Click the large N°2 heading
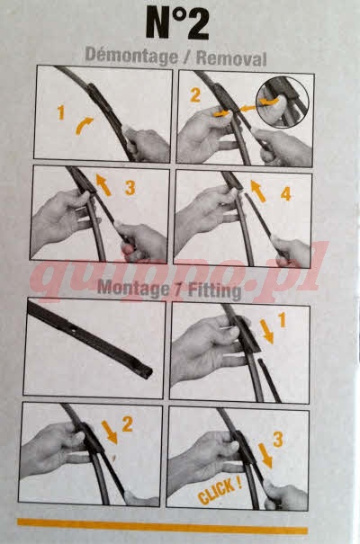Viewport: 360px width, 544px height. pos(177,23)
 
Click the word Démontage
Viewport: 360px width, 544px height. pos(131,57)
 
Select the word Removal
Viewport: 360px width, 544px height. pos(231,58)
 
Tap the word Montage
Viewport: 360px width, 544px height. pos(131,288)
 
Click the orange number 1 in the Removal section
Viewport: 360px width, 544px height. pos(61,112)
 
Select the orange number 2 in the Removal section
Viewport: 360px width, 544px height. pos(195,95)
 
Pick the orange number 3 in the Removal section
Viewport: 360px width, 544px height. pos(130,188)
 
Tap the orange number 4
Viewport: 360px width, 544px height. pos(285,194)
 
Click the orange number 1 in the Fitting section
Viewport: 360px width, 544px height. pos(282,320)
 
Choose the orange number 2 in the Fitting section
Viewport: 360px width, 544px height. pos(127,424)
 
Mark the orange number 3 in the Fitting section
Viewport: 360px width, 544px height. pos(278,439)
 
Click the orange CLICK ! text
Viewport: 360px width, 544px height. pos(220,491)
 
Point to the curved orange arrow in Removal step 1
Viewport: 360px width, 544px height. pos(84,124)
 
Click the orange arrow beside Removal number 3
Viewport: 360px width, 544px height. pos(103,185)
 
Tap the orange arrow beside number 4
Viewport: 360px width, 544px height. pos(258,191)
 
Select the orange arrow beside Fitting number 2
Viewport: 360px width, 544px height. pos(110,433)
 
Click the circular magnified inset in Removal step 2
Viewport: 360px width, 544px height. pos(283,102)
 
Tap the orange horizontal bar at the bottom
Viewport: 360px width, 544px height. pos(163,526)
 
